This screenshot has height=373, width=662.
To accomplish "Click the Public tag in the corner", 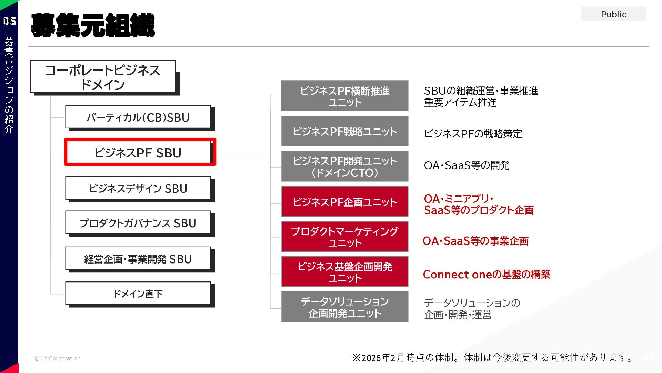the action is (x=613, y=14).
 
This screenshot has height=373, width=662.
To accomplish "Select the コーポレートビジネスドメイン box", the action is (x=103, y=77).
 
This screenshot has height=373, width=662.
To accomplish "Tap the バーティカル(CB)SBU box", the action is (x=138, y=117).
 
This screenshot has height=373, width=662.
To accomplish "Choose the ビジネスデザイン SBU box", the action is (x=138, y=188).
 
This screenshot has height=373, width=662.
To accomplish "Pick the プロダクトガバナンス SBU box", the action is (x=138, y=223).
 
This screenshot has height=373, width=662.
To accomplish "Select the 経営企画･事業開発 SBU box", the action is (x=138, y=259).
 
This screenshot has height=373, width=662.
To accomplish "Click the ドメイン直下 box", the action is (x=138, y=294).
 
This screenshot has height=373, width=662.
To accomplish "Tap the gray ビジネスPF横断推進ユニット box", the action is (x=345, y=96).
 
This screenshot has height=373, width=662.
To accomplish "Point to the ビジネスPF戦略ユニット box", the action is (x=345, y=131).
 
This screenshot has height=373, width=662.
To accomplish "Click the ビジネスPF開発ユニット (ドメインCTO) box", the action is (x=345, y=166).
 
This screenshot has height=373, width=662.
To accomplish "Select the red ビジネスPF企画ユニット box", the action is (x=345, y=202).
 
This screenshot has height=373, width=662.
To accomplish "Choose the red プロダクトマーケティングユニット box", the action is (x=345, y=237).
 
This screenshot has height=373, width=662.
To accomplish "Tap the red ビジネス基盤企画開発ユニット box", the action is (x=345, y=272).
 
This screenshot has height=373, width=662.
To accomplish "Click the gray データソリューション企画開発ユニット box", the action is (x=345, y=307).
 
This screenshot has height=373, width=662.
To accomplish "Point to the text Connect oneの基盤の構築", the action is (x=487, y=274).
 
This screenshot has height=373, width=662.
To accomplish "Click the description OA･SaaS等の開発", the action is (x=467, y=165).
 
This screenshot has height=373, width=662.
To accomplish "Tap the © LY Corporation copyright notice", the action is (x=58, y=358).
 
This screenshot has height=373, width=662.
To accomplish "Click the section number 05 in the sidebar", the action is (x=9, y=21).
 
